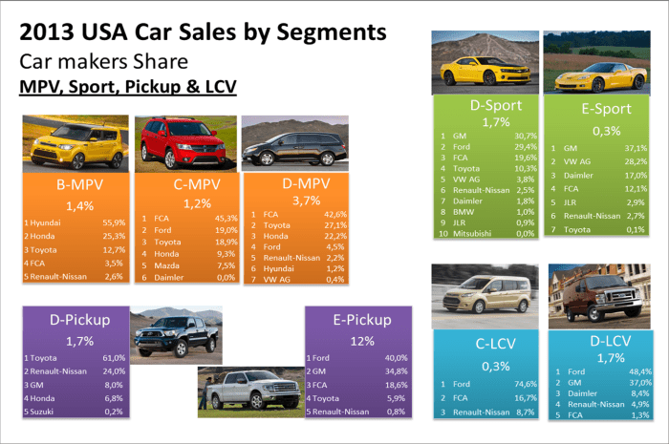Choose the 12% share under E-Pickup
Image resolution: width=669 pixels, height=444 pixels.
[356, 341]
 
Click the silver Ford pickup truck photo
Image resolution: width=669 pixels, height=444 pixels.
[246, 391]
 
